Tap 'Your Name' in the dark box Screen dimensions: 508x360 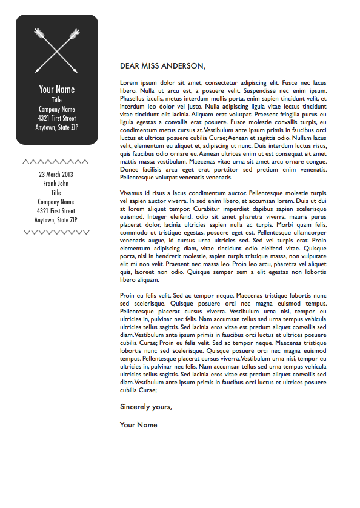57,89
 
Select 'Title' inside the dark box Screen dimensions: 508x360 57,100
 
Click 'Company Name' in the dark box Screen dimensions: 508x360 57,109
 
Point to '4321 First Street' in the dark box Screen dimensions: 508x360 57,118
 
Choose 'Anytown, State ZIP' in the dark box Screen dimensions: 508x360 57,127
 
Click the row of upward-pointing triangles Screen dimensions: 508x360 56,162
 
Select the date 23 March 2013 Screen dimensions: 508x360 56,175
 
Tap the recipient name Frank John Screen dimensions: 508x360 56,184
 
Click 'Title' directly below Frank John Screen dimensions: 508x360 56,193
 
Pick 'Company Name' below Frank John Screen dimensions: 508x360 56,202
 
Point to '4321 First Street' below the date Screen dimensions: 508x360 56,211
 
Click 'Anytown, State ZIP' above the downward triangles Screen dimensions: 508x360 56,220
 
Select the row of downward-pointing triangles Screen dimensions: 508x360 56,232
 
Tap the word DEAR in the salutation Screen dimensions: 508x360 130,66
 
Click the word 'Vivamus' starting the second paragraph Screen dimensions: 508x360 132,193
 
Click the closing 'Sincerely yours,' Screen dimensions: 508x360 146,407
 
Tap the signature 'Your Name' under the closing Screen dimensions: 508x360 139,425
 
